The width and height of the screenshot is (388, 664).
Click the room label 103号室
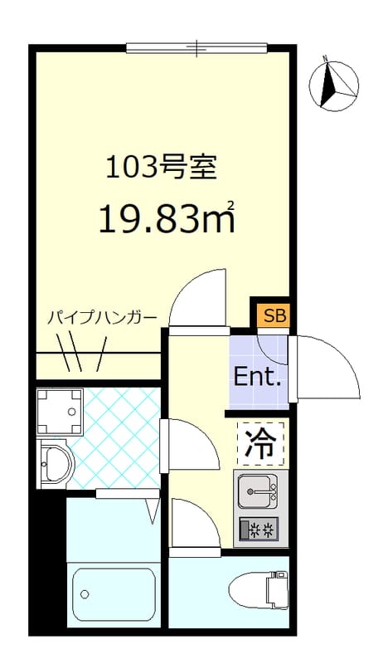pos(161,168)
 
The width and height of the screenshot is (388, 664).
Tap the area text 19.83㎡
pos(166,217)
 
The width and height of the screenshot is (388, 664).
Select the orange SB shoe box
pos(269,315)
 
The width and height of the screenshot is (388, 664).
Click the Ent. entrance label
pos(258,378)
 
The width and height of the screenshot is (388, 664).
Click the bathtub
pos(114,593)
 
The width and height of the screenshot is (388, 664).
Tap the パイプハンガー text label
pos(101,317)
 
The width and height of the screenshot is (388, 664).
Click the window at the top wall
pos(196,48)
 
